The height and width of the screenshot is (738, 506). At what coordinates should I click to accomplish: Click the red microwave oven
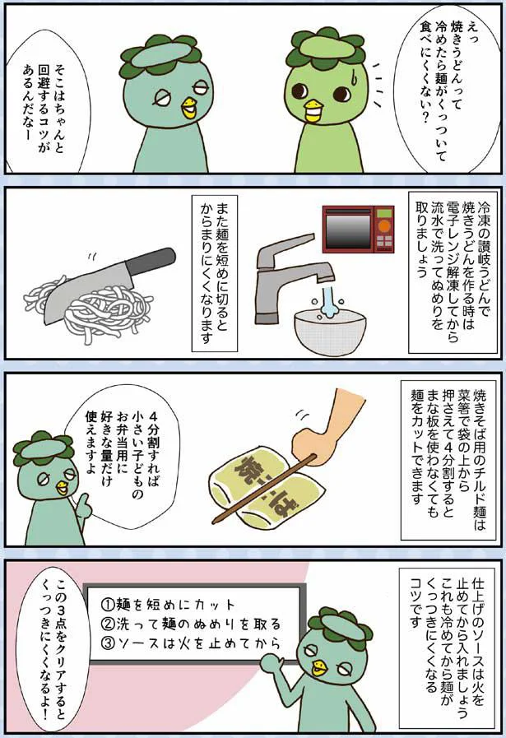coord(358,230)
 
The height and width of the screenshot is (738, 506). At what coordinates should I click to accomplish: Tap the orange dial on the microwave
coord(384,226)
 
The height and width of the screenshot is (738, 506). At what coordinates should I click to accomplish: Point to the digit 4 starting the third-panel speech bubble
coord(155,416)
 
